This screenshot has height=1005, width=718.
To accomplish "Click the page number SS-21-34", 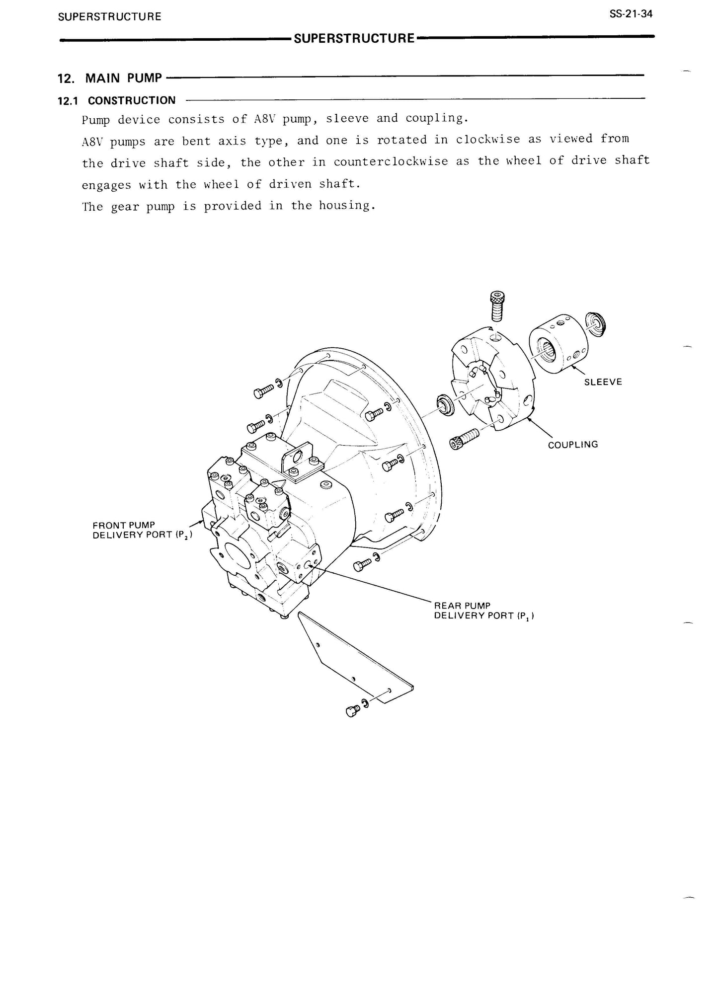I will point(631,14).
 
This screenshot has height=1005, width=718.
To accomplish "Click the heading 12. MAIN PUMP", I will point(110,78).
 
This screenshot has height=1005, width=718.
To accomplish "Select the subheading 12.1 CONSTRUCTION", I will point(117,100).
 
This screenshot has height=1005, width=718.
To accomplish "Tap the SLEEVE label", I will point(603,382).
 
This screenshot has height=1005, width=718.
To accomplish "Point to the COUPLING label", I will point(572,445).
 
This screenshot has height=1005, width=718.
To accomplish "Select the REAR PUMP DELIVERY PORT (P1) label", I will point(483,611).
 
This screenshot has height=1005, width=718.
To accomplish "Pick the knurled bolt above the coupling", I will point(496,307).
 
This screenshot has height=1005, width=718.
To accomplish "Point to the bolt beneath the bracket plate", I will point(352,711).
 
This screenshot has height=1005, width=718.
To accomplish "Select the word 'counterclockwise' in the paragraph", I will point(391,161).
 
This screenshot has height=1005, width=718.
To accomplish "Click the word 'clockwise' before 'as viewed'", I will point(488,140).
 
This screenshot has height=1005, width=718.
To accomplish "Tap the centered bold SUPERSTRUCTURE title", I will point(354,38).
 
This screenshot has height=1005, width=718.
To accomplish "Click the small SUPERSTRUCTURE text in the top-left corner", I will point(109,16).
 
